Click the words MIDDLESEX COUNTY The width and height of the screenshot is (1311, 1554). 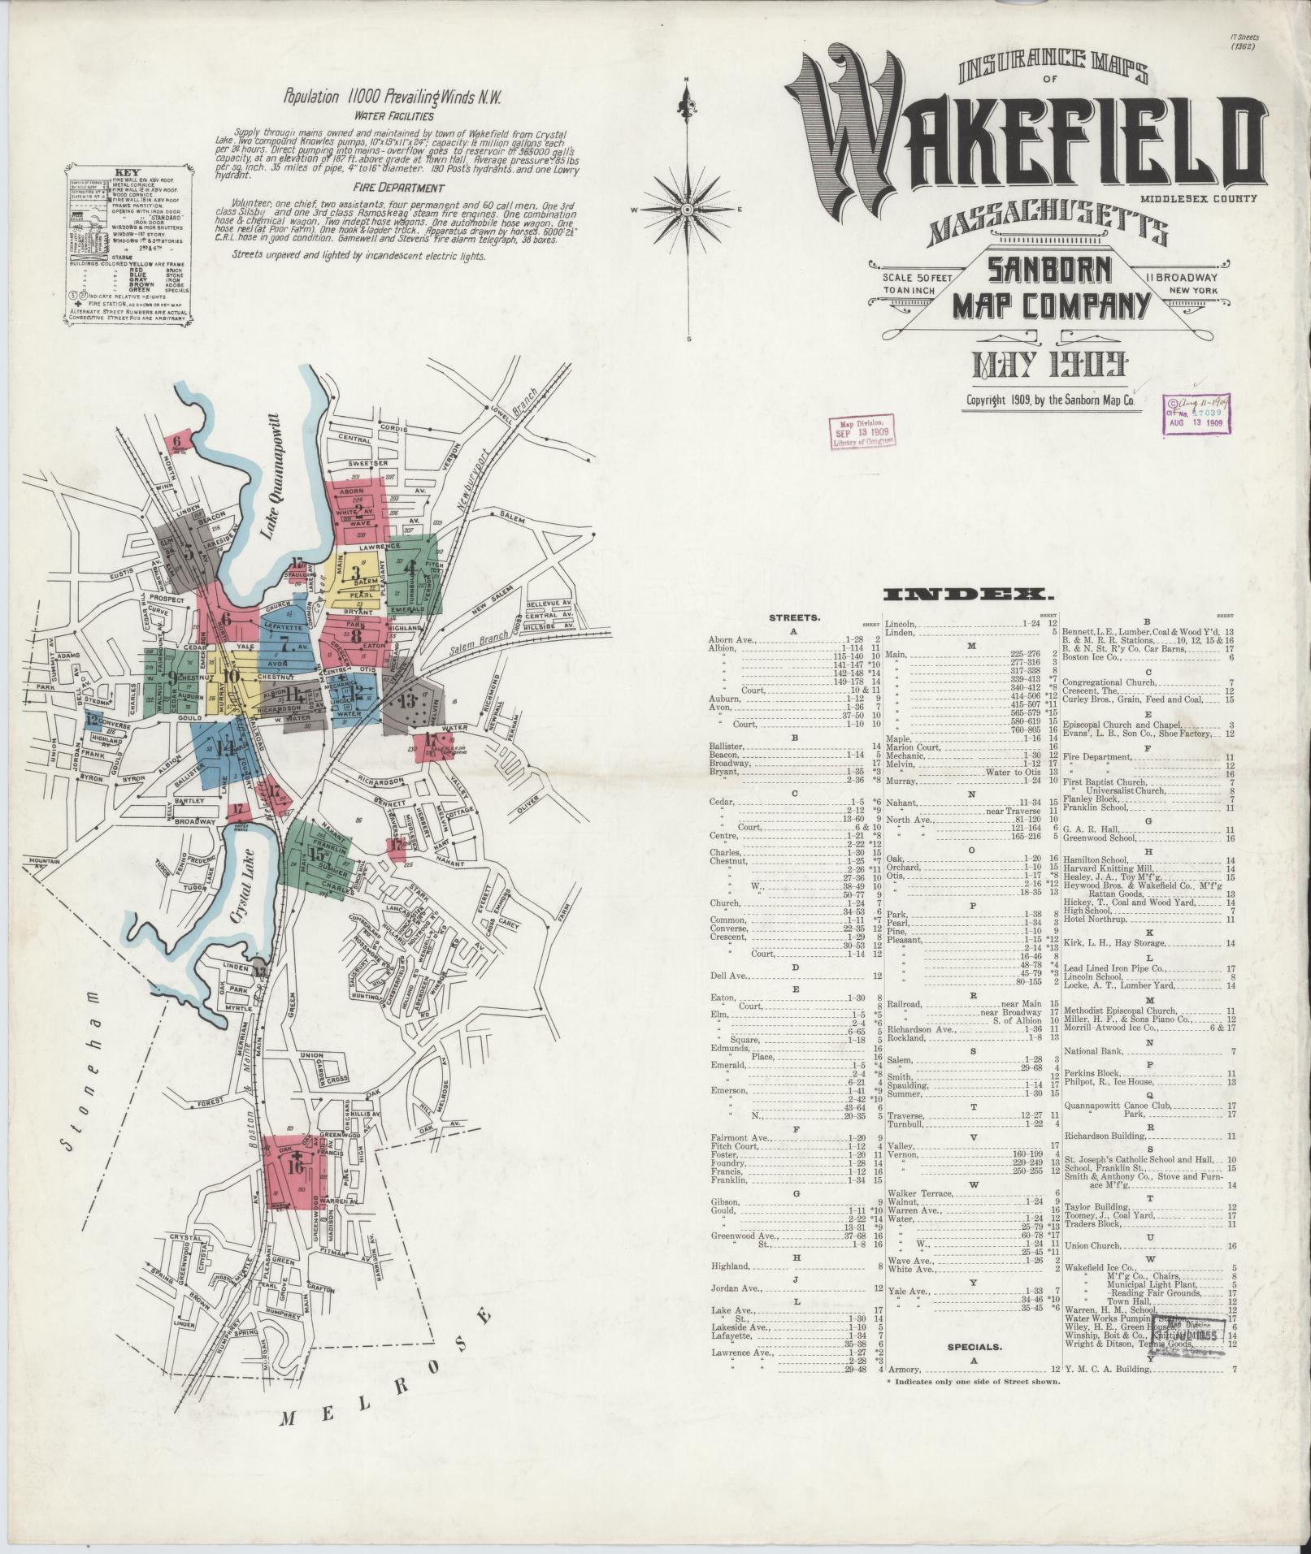[x=1197, y=198]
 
